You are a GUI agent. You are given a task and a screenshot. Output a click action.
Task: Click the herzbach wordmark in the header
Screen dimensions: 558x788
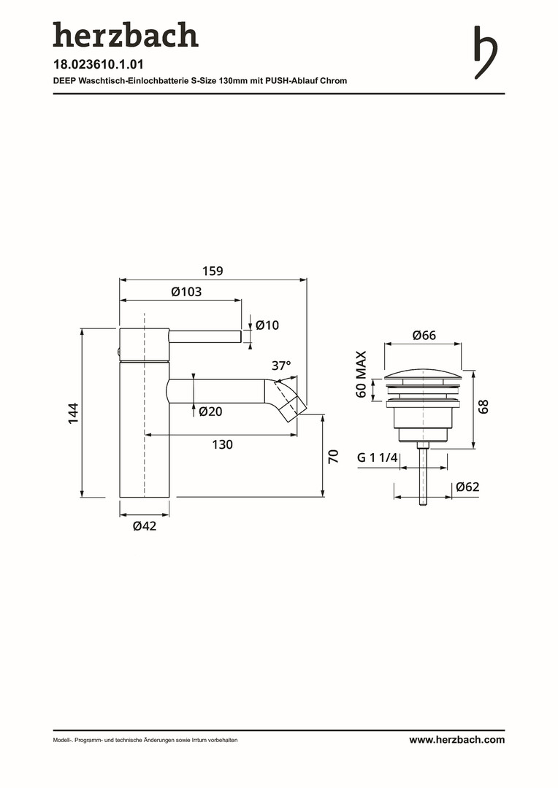126,35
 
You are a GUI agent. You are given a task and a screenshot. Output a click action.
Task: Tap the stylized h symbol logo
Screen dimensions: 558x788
486,53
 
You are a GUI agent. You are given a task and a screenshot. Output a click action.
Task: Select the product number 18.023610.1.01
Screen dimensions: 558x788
99,64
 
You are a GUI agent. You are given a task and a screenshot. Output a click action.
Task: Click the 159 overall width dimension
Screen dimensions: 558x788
213,271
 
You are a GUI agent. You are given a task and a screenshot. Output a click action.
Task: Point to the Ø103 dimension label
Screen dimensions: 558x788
186,291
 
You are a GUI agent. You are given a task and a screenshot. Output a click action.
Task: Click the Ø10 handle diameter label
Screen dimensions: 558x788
267,325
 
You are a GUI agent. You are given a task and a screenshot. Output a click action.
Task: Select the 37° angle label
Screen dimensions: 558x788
280,366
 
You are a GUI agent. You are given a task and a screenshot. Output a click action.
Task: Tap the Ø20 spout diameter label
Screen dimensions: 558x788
210,412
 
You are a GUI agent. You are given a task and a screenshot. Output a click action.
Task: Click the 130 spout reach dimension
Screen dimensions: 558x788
222,444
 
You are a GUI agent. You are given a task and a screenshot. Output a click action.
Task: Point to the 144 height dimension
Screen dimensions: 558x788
74,413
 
